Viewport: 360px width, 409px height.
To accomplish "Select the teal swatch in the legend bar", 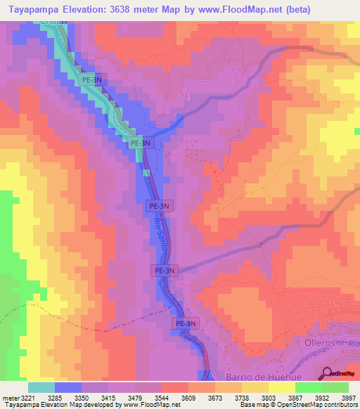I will (41, 387).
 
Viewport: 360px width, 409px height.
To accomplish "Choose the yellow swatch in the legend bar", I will (282, 387).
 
